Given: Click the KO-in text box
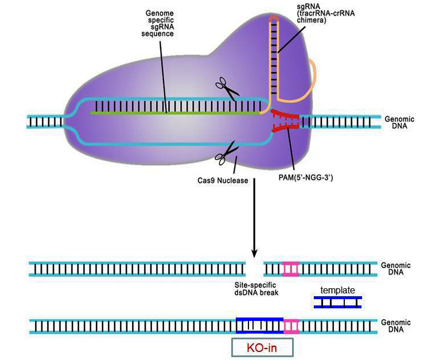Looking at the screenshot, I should click(x=262, y=348).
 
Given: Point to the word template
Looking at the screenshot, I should click(x=337, y=291).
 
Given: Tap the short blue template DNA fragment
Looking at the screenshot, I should click(x=338, y=302).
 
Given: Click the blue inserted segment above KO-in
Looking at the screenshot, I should click(x=259, y=326).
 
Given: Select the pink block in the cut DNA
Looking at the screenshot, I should click(x=290, y=269).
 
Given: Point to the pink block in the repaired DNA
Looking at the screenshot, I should click(x=292, y=326).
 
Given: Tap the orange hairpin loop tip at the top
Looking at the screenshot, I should click(x=274, y=19).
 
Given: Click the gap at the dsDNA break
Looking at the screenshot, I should click(x=254, y=269).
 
